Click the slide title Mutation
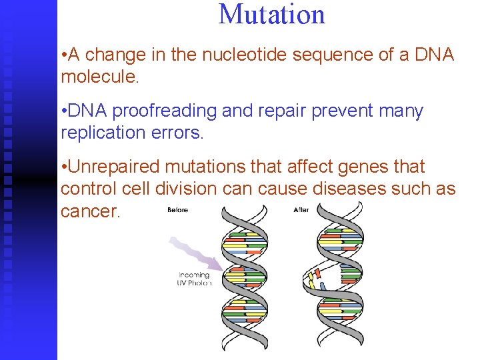pos(272,15)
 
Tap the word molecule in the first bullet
pos(99,77)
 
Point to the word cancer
pos(89,211)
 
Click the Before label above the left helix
pos(177,210)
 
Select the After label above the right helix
pos(301,210)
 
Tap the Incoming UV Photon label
pos(195,279)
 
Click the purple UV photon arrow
pos(193,253)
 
